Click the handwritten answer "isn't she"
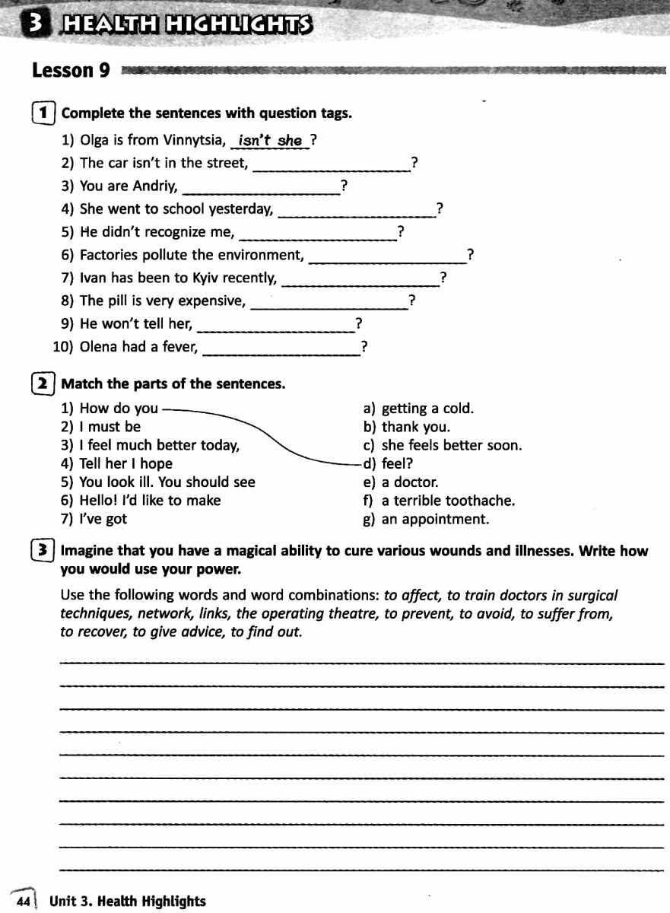[270, 141]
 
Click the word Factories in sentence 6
[110, 255]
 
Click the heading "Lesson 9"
[71, 72]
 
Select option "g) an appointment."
[427, 520]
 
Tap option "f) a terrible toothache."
[440, 501]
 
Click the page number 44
[23, 902]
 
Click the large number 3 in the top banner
[34, 26]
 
